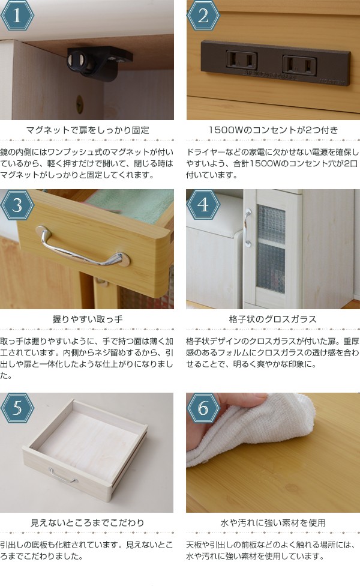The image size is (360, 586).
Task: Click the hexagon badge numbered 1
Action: click(17, 17)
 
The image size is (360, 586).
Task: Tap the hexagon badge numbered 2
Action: click(203, 17)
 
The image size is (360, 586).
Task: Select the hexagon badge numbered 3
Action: click(17, 206)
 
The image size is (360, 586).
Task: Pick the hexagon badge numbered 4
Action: click(203, 206)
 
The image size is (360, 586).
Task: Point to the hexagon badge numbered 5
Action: click(17, 409)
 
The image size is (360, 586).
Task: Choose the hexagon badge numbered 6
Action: click(203, 409)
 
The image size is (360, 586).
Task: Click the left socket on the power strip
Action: click(241, 60)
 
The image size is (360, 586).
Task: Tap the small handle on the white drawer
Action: click(62, 476)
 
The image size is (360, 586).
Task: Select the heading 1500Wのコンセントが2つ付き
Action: click(273, 130)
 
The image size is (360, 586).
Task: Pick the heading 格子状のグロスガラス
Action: click(273, 319)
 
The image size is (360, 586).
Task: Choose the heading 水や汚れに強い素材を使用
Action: click(273, 522)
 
